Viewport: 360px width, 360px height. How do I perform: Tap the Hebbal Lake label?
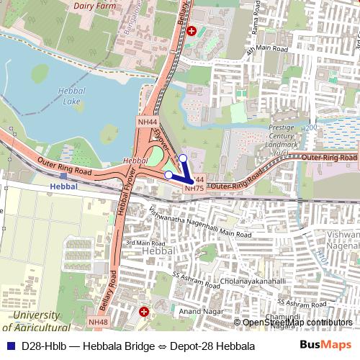coord(73,96)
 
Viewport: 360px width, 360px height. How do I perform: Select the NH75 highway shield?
coord(194,188)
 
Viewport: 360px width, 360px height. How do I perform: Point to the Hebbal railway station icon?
coord(63,175)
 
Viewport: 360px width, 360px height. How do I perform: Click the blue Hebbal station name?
coord(63,186)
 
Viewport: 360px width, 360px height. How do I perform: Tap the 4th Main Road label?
coord(266,50)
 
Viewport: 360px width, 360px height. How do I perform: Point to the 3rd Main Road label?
coord(142,243)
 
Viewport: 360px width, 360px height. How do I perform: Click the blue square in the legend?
coord(9,346)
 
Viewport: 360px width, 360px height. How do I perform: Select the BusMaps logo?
coord(325,345)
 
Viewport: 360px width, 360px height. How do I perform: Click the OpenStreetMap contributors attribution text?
coord(297,323)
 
